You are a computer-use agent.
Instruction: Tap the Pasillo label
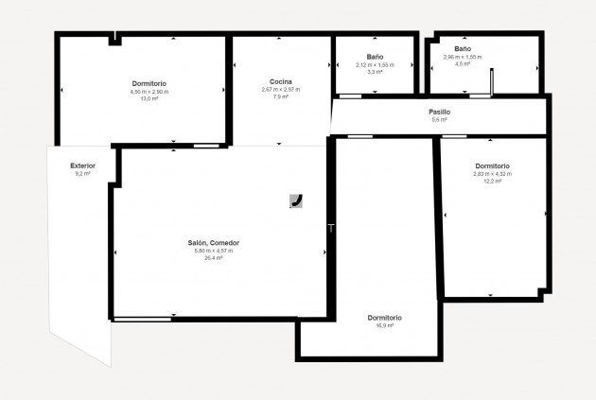439,112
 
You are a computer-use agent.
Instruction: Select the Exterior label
82,165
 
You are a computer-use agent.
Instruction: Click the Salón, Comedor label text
213,243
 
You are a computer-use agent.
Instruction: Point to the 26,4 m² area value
213,257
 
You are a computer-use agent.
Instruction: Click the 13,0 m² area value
149,98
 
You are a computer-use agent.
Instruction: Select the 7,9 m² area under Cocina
280,96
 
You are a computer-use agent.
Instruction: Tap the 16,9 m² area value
385,325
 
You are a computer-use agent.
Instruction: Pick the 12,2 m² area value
492,182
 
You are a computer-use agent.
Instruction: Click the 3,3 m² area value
375,72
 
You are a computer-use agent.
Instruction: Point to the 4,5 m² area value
463,64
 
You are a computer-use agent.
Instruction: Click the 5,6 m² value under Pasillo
439,120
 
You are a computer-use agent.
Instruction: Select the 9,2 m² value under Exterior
82,174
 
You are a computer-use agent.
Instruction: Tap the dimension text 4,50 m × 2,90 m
149,92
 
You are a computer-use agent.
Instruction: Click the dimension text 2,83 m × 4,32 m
492,174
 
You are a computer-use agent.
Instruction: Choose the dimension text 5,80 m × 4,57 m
213,251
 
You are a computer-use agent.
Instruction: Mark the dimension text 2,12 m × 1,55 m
375,64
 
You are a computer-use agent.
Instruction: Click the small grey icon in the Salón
296,200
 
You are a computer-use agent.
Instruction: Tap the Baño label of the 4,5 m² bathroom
463,48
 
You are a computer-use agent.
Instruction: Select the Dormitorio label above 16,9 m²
385,317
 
